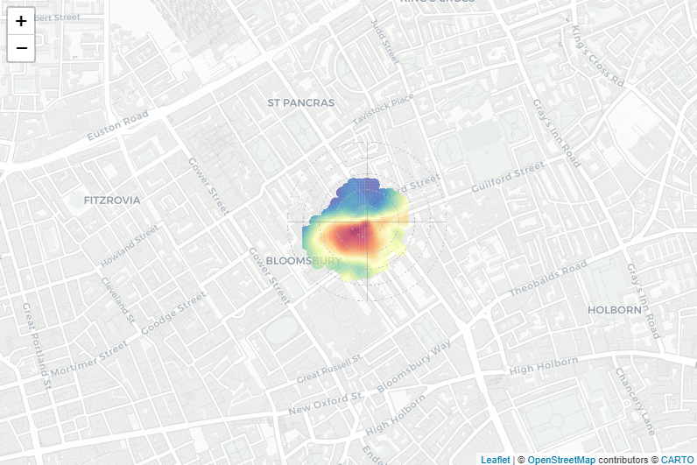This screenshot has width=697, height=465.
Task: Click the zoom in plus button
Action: [x=21, y=21]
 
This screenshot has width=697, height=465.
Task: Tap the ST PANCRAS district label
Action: [x=300, y=102]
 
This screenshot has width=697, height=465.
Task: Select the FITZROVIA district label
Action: [x=112, y=200]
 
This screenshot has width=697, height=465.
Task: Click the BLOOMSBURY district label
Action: [x=302, y=261]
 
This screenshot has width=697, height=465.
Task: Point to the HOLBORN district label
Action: [x=615, y=309]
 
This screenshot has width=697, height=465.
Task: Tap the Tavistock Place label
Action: [x=382, y=109]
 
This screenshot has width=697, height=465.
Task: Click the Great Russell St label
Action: [x=329, y=370]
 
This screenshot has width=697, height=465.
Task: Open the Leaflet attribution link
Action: [x=495, y=459]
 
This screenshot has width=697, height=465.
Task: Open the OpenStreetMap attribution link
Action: [x=560, y=459]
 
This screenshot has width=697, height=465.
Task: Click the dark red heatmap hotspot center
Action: [x=356, y=232]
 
